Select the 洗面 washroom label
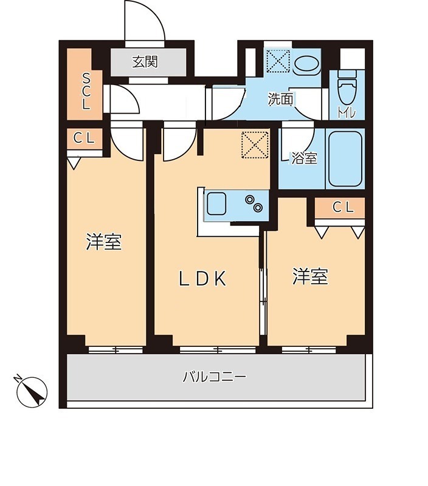pos(281,99)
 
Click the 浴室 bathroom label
pos(304,159)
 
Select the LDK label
pos(202,278)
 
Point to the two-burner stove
pos(255,204)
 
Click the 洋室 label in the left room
pos(104,242)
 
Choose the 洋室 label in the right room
pos(310,277)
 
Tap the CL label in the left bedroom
pos(85,138)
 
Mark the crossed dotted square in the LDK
pos(254,145)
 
